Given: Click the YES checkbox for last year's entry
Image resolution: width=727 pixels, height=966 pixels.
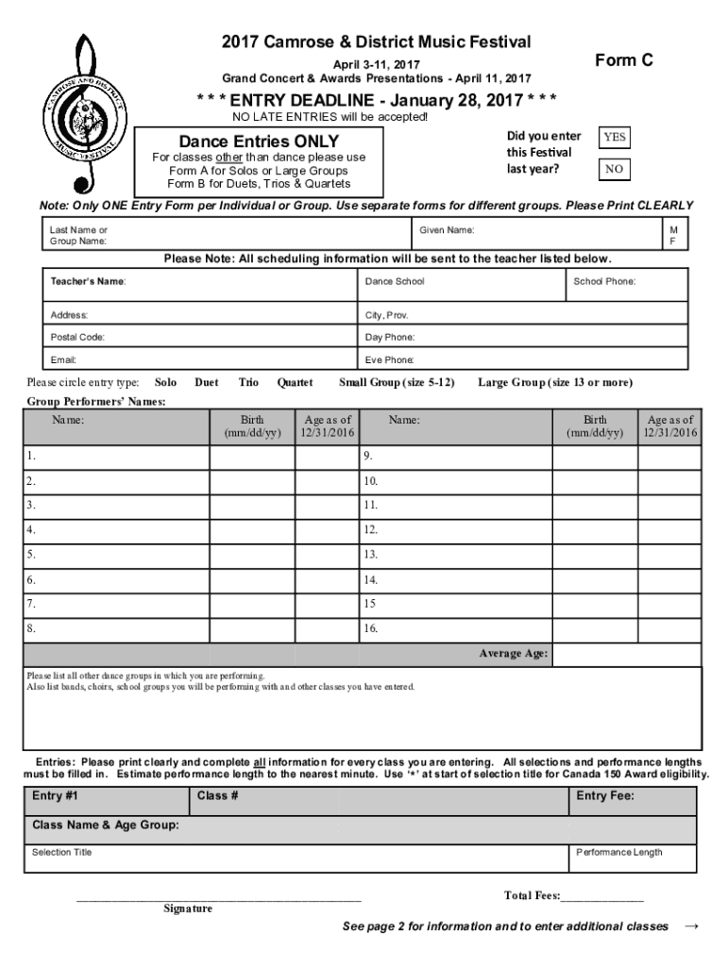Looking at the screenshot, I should click(615, 138).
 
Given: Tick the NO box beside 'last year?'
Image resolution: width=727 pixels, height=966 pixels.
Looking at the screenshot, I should click(615, 170).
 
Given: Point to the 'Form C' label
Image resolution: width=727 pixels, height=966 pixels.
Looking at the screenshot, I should click(624, 60).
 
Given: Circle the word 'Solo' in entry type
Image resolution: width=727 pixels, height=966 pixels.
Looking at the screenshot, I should click(165, 382).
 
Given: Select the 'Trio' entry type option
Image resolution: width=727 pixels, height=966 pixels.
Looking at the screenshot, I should click(248, 382).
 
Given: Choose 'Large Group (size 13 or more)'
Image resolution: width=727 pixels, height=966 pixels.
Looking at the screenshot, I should click(555, 382).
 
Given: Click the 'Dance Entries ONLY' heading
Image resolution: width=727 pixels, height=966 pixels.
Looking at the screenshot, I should click(259, 142).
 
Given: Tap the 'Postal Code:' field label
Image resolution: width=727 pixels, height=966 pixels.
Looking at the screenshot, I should click(77, 337).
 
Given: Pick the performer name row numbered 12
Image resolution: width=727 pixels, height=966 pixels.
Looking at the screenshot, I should click(453, 529).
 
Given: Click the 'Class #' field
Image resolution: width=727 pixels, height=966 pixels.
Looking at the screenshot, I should click(378, 801).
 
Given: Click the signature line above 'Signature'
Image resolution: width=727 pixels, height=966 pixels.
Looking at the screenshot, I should click(218, 894).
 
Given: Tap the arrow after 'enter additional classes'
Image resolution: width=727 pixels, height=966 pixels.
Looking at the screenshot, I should click(690, 926).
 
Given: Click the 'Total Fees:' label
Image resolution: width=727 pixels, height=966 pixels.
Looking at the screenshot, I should click(533, 895).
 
